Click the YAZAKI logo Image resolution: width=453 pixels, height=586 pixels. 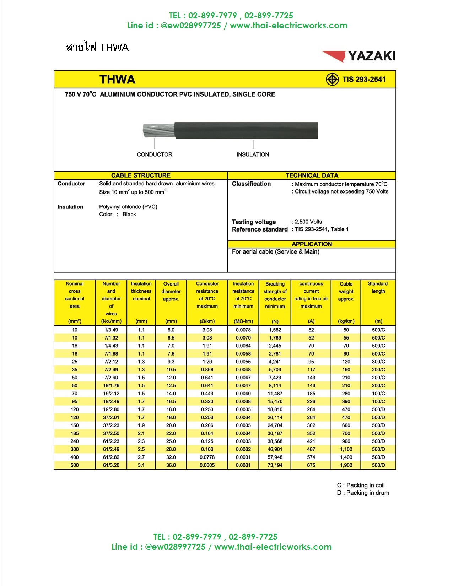tap(359, 56)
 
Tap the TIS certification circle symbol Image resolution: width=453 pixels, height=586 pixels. tap(332, 79)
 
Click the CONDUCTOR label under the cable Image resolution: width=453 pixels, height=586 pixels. tap(155, 154)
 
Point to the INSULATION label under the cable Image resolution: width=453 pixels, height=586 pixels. tap(253, 154)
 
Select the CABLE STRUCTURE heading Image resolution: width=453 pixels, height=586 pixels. tap(141, 175)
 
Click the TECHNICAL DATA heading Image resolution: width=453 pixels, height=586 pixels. tap(312, 175)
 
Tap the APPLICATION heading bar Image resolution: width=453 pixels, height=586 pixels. tap(312, 244)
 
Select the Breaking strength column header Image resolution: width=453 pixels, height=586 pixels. tap(275, 295)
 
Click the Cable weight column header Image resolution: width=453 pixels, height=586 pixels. tap(346, 291)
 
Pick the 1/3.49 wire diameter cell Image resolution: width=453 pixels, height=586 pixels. tap(111, 330)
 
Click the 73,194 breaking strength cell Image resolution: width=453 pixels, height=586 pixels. tap(275, 465)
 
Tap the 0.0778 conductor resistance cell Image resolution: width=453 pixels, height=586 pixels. tap(207, 457)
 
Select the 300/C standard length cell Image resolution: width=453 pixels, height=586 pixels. tap(378, 362)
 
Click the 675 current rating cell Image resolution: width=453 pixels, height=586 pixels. tap(311, 465)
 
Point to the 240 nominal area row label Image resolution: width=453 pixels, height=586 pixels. tap(75, 441)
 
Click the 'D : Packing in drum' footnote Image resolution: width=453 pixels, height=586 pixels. tap(363, 493)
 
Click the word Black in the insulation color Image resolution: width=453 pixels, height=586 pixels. tap(129, 215)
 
